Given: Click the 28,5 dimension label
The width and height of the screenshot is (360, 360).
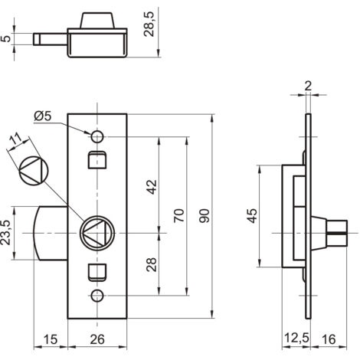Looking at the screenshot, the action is point(149,25).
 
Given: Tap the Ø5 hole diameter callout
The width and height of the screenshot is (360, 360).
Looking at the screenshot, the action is point(43,116).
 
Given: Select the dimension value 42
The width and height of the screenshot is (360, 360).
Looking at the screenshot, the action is point(152,187).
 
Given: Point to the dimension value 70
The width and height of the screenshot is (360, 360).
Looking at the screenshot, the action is point(179,215).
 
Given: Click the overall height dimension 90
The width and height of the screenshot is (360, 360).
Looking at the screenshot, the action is point(205,216).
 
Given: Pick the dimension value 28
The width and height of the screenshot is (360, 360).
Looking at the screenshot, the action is point(152,264).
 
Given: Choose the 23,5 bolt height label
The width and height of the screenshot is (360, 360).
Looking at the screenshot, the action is point(5,233).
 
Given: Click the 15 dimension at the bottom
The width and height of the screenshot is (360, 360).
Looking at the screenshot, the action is point(51,339).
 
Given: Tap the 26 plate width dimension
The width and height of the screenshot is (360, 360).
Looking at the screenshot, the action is point(97,339).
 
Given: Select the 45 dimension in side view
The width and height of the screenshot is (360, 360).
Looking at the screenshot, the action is point(253,216).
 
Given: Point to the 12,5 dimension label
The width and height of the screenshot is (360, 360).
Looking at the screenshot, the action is point(296,339).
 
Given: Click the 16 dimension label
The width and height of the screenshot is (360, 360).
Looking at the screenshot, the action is point(329,339).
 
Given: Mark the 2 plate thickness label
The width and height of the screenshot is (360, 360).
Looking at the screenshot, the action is point(308,86).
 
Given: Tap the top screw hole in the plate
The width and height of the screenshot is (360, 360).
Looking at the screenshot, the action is point(97,136).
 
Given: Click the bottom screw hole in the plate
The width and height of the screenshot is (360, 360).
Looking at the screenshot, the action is point(97,296).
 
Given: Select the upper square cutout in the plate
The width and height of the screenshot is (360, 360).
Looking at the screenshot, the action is point(97,160).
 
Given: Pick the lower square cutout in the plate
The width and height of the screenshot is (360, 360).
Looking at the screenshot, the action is point(97,273).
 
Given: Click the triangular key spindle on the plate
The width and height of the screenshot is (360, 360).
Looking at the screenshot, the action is point(97,233).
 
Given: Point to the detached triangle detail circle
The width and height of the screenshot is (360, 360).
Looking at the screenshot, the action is point(34,170).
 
